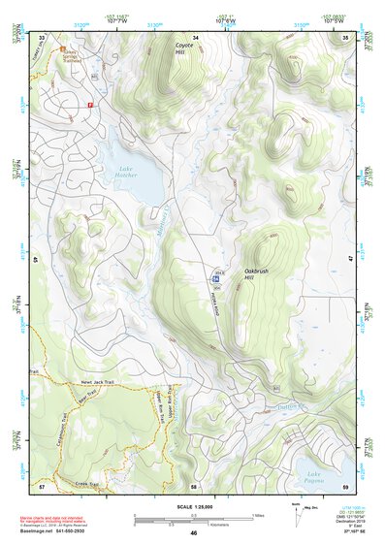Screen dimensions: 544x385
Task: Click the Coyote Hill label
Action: tap(183, 49)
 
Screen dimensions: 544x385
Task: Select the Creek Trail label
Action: tap(87, 483)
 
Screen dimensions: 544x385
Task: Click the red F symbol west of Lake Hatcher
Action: tap(90, 103)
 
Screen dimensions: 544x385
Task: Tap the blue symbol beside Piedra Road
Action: tap(213, 277)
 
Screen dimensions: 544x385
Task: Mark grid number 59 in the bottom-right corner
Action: tap(346, 486)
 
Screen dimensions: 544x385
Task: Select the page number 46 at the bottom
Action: tap(193, 533)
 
